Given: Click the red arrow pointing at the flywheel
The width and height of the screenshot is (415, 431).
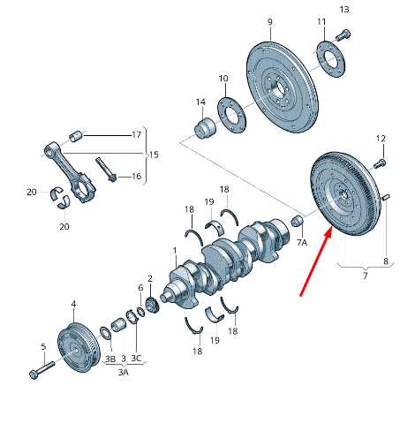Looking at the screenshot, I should (315, 262).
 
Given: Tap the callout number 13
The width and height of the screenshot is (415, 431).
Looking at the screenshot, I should (344, 10).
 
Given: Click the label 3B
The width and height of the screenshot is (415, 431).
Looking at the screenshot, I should (109, 359).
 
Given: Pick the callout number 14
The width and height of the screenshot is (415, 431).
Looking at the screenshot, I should (200, 102).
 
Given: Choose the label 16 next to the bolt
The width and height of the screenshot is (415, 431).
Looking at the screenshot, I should (136, 176).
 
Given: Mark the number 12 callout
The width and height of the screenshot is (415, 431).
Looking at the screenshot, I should (381, 139).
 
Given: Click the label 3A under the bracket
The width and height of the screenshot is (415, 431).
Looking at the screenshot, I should (124, 373).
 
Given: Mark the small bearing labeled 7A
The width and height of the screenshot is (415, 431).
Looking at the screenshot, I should (298, 220).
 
